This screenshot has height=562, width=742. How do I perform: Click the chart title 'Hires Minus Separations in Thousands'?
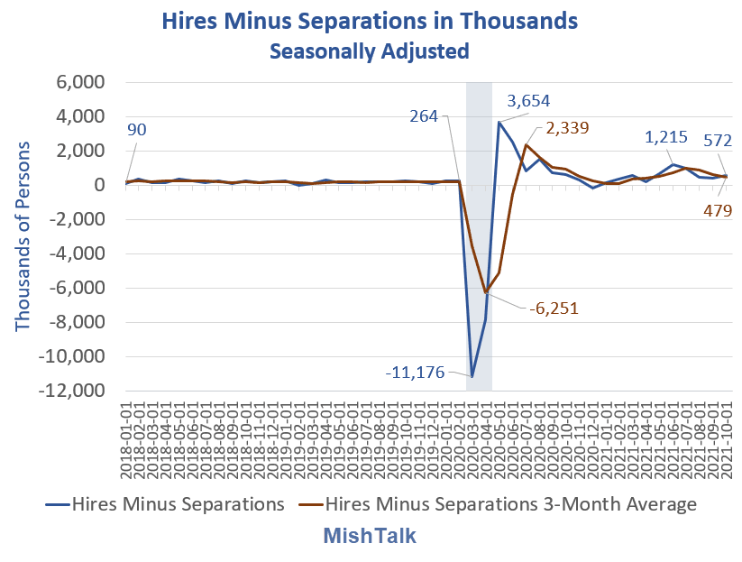[370, 20]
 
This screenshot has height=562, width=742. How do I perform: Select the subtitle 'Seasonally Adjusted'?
[370, 51]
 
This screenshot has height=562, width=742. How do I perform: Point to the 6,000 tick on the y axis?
[81, 83]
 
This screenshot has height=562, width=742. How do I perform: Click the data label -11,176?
[414, 372]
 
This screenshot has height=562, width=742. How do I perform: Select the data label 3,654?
[528, 100]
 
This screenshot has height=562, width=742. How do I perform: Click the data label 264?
[423, 115]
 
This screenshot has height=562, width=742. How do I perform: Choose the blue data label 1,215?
[666, 138]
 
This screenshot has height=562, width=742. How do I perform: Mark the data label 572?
[718, 140]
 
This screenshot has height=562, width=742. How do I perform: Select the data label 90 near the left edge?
[135, 130]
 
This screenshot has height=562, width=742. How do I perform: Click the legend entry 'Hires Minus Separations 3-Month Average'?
[510, 504]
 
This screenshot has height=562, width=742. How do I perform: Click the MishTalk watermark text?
[370, 536]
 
